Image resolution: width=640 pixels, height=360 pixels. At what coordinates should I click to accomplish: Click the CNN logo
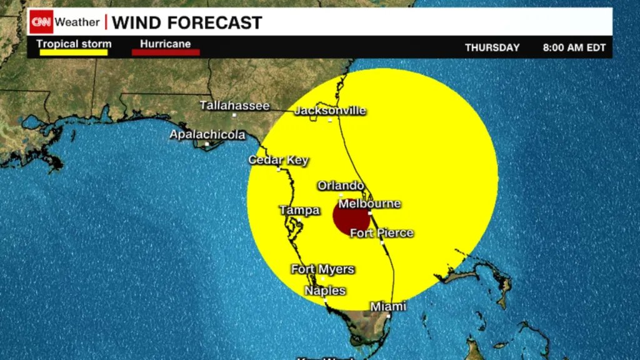tap(41, 22)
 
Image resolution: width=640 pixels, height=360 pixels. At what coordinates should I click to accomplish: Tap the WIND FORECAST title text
tap(187, 23)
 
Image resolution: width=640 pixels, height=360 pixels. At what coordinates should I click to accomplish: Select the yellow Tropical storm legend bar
tap(73, 52)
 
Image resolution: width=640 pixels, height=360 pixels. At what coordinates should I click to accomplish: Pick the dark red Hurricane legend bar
tap(166, 52)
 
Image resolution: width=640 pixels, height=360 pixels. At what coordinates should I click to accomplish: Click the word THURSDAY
tap(492, 47)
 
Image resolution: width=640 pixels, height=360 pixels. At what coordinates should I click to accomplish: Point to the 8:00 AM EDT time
tap(574, 47)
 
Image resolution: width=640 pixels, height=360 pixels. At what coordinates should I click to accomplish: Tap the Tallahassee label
tap(234, 106)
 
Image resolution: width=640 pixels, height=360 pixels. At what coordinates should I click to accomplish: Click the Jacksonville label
tap(330, 111)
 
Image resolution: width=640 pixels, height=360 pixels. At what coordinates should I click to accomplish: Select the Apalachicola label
tap(207, 134)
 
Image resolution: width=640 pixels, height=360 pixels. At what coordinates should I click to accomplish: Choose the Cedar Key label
tap(278, 160)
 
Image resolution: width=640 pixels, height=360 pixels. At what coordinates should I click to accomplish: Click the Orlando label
tap(341, 186)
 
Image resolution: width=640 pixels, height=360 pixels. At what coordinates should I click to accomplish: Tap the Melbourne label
tap(369, 204)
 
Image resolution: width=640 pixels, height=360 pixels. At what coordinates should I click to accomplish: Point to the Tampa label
tap(299, 210)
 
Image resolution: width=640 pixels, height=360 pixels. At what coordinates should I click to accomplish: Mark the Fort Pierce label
tap(381, 233)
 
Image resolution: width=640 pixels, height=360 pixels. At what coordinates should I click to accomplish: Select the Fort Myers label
tap(322, 269)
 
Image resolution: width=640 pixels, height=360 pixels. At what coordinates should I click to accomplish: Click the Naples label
tap(325, 291)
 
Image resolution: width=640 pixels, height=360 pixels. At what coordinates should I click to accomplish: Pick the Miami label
tap(388, 306)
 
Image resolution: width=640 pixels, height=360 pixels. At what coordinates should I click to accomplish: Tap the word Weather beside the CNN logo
tap(77, 22)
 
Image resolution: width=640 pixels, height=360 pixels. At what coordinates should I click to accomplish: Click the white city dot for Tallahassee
tap(234, 115)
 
